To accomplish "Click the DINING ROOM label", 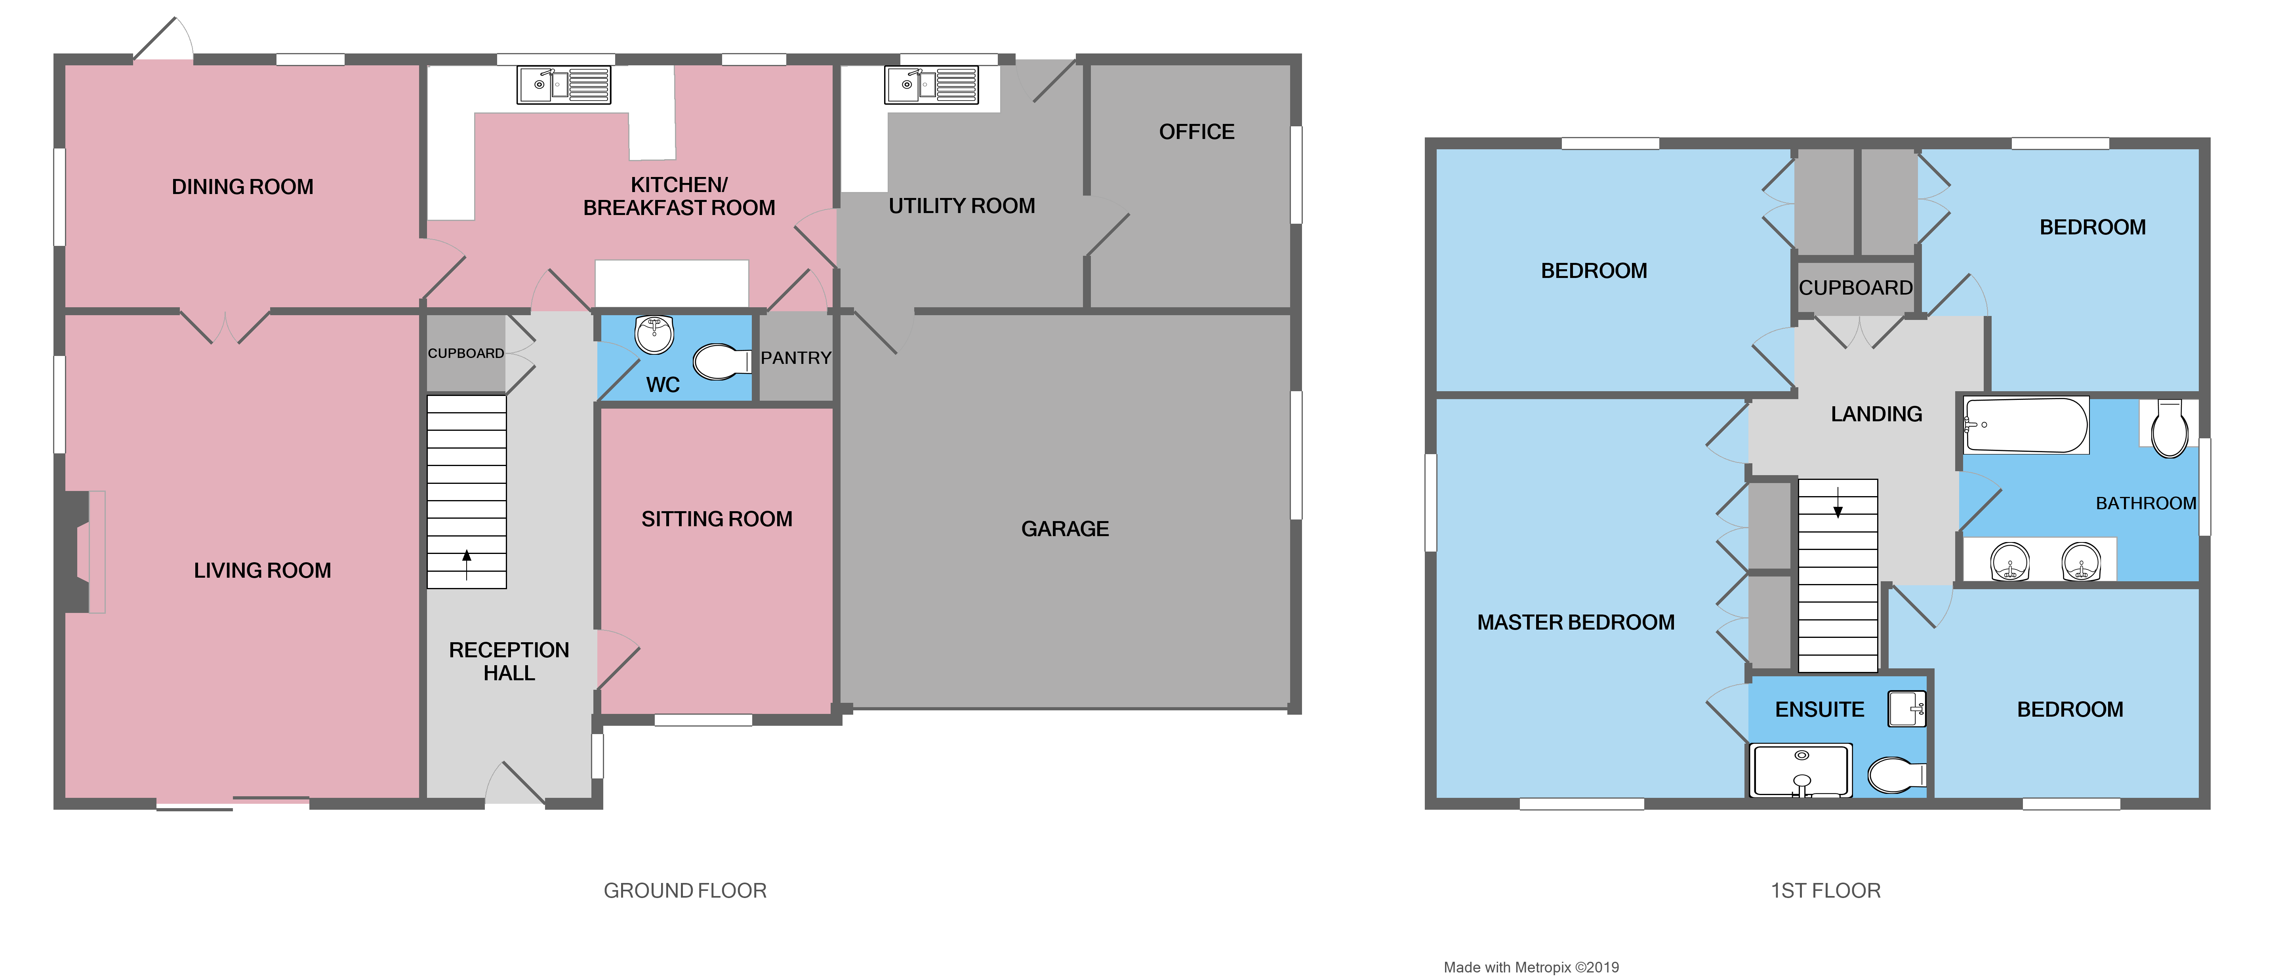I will (x=242, y=187).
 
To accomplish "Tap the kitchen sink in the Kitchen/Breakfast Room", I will (x=564, y=85).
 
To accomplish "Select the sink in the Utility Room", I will (x=931, y=85).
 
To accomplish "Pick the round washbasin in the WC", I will (x=655, y=335).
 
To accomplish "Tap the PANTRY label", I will (x=796, y=358).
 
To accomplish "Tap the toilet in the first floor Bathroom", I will (x=2169, y=429).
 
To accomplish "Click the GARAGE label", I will (x=1065, y=528).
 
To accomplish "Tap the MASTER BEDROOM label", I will (x=1575, y=622).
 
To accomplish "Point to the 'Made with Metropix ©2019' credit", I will (x=1531, y=967).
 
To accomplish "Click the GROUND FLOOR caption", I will (x=685, y=890).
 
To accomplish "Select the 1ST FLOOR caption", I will (x=1825, y=890).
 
